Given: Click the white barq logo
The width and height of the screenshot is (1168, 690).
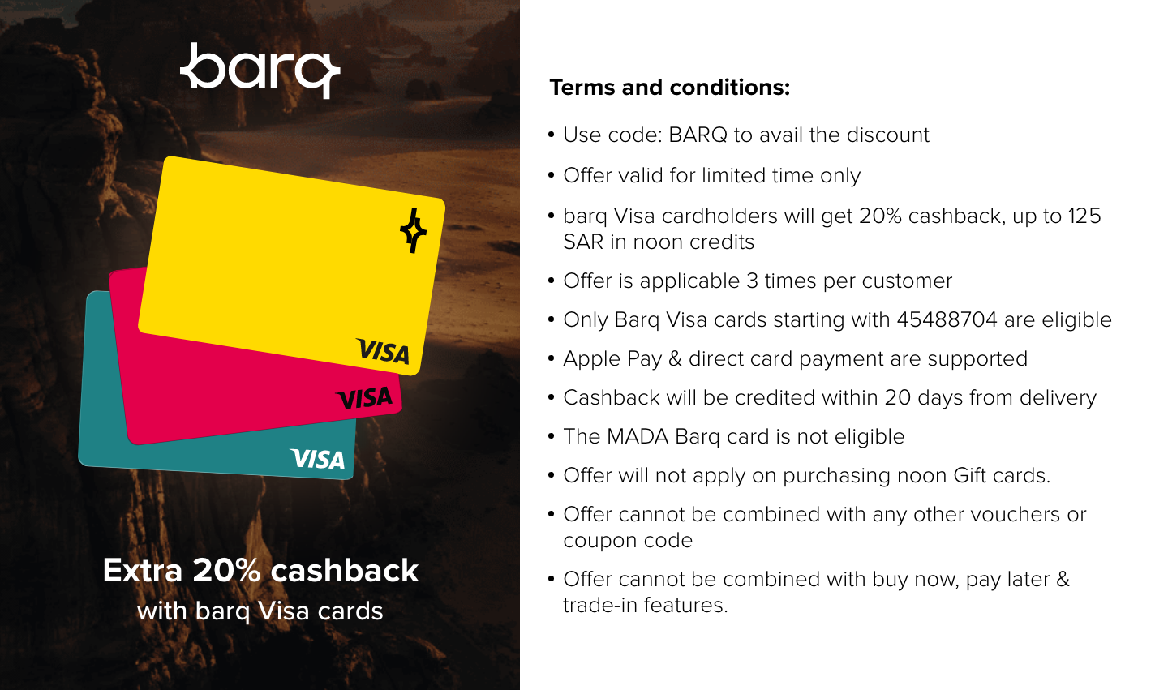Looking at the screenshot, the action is point(260,71).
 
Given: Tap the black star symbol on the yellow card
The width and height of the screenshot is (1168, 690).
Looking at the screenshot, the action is point(414,230).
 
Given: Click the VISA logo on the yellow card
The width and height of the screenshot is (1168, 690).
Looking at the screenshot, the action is point(383,351).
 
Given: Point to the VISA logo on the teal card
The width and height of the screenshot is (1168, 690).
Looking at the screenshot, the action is point(318,459).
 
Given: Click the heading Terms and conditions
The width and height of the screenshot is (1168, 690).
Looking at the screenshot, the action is point(669,87).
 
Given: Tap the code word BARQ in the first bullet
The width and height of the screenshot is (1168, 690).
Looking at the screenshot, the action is point(698,135).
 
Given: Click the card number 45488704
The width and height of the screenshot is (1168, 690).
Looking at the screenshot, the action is point(947,319).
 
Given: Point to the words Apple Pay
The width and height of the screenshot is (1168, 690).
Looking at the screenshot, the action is point(612,359).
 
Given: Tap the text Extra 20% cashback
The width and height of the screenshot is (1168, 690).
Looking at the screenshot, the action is point(260,570).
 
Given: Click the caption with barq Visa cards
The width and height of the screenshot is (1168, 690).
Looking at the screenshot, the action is point(260,611).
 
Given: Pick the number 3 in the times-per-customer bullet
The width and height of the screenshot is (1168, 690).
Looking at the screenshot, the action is point(752,281).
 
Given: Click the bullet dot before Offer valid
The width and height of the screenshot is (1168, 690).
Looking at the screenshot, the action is point(552,175).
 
